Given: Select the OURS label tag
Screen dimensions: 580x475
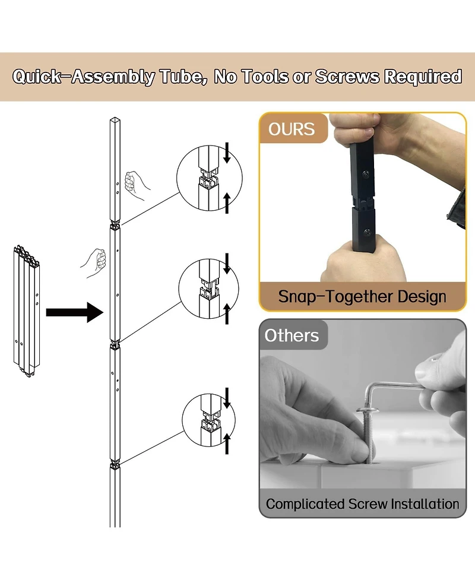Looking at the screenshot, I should pos(291,129).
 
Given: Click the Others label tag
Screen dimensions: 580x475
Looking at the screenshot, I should pos(292,335).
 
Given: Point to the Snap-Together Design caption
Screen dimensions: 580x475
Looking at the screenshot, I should pos(362,296).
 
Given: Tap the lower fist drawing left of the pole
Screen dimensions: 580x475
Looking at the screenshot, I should pos(94,261).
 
